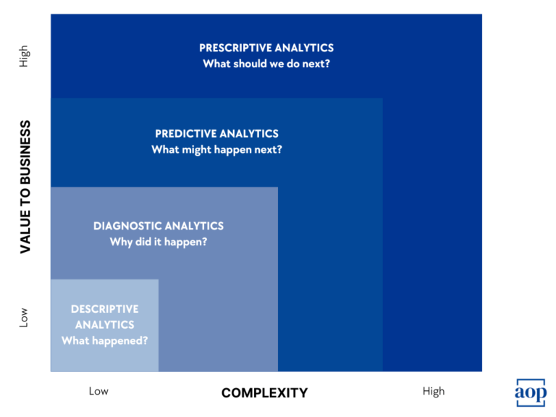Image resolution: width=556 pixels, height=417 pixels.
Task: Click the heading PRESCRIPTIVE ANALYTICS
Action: point(266,48)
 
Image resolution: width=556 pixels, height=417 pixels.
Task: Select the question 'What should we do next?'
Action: point(266,64)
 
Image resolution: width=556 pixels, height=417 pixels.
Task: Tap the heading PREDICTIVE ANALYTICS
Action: point(216,134)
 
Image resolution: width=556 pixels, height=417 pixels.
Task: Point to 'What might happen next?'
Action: point(216,150)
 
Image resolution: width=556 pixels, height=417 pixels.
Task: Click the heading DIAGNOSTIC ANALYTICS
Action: point(159,226)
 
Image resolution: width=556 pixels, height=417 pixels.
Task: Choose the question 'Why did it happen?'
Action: point(159,242)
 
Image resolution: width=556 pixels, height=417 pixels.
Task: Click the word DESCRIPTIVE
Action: point(104,309)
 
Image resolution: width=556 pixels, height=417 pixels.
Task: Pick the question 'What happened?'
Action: point(104,340)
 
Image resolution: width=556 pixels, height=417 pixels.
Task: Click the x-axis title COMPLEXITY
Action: point(264,393)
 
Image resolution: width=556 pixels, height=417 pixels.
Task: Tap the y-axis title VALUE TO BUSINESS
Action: point(25,187)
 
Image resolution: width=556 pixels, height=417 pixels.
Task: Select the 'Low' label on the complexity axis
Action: point(98,392)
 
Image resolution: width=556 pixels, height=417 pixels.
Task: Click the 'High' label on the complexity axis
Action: point(434,392)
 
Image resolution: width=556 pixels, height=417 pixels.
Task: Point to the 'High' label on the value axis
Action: point(25,57)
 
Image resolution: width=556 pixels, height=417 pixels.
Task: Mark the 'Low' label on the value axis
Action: point(25,317)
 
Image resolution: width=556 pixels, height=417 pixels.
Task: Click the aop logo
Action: point(530,392)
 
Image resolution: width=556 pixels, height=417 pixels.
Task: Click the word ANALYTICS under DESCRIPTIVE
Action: point(104,325)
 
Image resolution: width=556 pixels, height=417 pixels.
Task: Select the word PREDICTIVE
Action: point(185,134)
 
